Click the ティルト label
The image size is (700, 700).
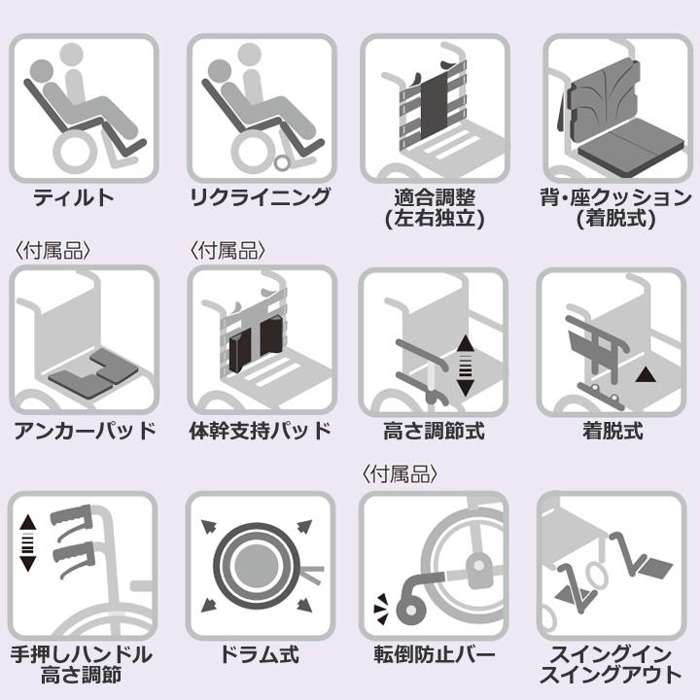74,197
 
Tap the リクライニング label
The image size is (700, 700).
261,197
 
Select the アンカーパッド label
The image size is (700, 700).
85,432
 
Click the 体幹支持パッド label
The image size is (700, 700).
260,432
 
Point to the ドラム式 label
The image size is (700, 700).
260,654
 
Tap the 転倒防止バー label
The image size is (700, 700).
435,654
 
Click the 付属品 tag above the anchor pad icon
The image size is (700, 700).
53,251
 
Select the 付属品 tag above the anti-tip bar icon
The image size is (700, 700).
400,474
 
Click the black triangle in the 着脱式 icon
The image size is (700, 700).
646,374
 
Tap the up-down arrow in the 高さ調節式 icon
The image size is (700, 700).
465,366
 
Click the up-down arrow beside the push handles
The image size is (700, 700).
27,542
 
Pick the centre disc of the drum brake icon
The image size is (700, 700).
257,566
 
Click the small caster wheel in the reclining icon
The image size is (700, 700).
282,163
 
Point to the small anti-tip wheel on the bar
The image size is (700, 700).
409,611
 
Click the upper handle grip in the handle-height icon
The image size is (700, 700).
71,518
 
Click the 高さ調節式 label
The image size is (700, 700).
434,432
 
